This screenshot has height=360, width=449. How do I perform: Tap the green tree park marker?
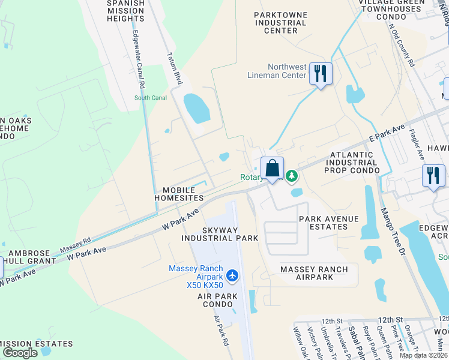(x=291, y=176)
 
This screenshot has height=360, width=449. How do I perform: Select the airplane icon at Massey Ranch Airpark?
(x=233, y=275)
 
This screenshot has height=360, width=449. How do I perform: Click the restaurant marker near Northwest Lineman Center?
(x=321, y=74)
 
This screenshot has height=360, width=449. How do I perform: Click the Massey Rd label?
(x=76, y=245)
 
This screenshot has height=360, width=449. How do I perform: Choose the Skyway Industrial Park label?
(x=221, y=234)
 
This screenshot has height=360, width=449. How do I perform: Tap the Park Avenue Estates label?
(x=328, y=223)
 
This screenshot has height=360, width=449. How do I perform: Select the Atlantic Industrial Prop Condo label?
(x=352, y=163)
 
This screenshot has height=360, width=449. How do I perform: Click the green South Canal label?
(x=150, y=98)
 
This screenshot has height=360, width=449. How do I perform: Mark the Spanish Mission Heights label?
(x=125, y=11)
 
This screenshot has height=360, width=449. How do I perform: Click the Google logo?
(x=20, y=353)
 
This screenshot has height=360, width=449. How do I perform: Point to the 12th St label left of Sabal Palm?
(x=331, y=321)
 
